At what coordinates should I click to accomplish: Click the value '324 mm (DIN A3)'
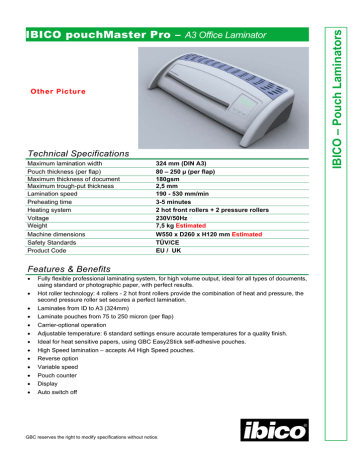187,160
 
